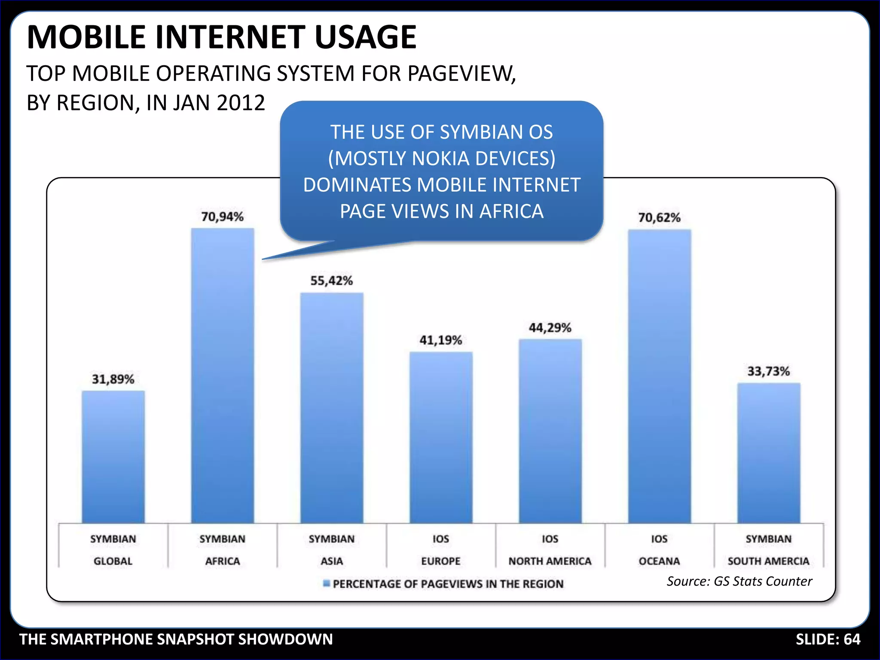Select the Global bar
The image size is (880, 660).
[113, 457]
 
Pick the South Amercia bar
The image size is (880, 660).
[769, 453]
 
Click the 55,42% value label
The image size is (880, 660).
[331, 281]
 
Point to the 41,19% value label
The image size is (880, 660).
[440, 340]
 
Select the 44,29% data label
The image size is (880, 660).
[550, 328]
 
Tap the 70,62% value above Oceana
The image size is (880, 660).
[659, 218]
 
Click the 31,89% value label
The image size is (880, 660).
[113, 379]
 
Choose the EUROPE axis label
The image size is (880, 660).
[440, 561]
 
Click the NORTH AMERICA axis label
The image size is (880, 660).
[550, 561]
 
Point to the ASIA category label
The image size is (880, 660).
[332, 561]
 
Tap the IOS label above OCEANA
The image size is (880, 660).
[659, 539]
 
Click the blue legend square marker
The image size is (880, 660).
[327, 583]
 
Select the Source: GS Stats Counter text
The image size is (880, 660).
[739, 581]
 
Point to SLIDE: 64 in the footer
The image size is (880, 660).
[828, 639]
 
